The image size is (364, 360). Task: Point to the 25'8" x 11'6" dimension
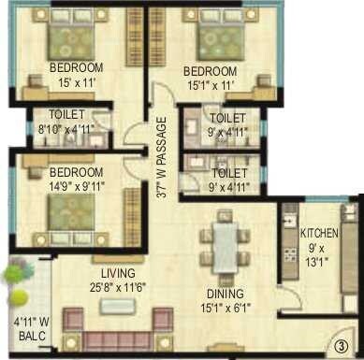[117, 287]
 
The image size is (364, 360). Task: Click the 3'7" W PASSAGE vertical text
[161, 158]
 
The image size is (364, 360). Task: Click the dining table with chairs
[226, 244]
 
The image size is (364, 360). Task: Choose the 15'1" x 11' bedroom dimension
[211, 86]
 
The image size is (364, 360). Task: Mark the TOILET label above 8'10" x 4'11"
[70, 116]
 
